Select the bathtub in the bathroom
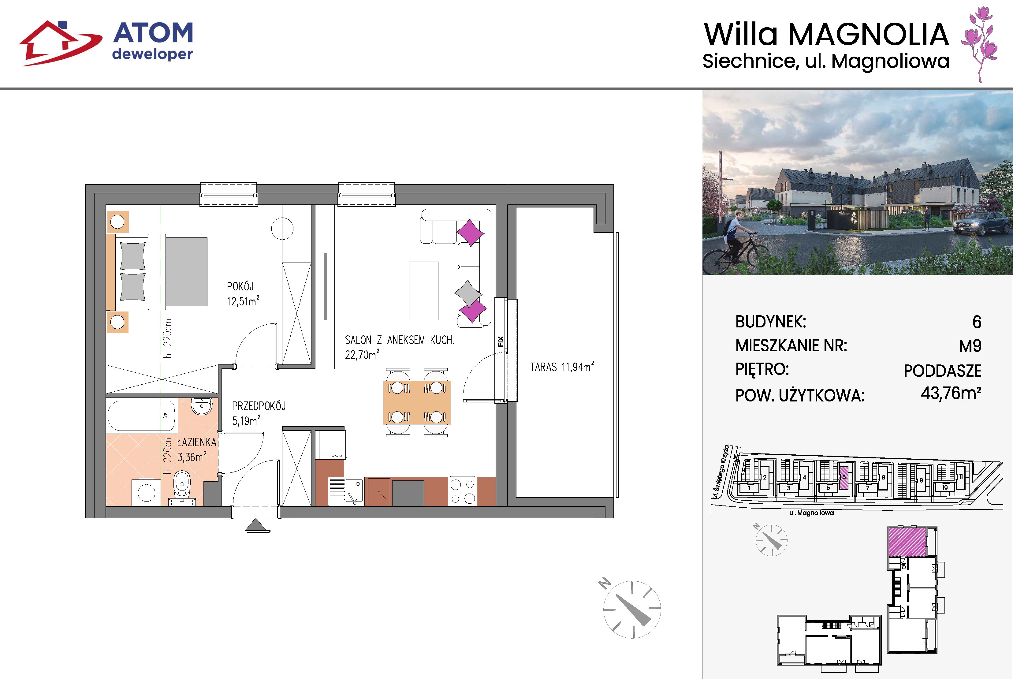click(x=141, y=416)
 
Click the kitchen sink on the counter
click(x=346, y=491)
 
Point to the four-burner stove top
click(x=462, y=491)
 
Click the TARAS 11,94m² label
click(x=562, y=367)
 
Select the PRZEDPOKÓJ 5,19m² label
click(x=259, y=413)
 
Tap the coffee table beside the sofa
click(x=423, y=291)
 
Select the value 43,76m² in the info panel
click(x=951, y=393)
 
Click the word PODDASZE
click(x=942, y=371)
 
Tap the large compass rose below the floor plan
click(x=632, y=609)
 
